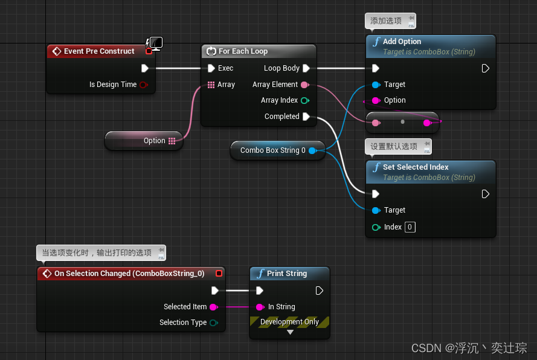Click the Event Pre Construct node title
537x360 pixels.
[99, 51]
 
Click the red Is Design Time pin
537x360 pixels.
[143, 85]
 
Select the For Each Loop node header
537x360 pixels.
[243, 51]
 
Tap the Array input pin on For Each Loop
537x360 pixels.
[211, 85]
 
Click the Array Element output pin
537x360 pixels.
[304, 85]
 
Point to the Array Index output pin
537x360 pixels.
[304, 100]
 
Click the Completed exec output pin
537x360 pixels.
[306, 117]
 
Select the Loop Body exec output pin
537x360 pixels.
[306, 68]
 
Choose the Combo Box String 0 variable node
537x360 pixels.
[272, 150]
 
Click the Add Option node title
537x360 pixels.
[402, 42]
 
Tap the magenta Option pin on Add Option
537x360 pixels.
[376, 100]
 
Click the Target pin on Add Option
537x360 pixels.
[376, 85]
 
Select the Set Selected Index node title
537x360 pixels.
[416, 167]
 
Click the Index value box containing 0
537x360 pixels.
[410, 227]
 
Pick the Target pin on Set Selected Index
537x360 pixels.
[376, 210]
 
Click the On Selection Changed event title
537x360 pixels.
[129, 274]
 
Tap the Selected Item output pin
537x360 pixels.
[213, 307]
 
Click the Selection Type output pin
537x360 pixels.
[213, 323]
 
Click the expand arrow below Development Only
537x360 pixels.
[290, 332]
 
